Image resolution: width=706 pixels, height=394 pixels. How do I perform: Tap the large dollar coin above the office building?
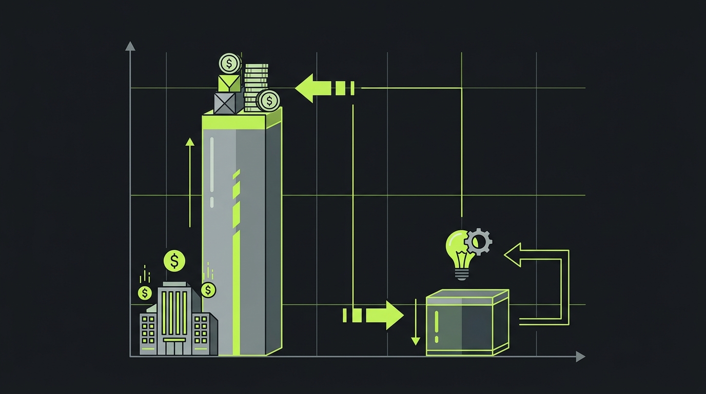(x=174, y=261)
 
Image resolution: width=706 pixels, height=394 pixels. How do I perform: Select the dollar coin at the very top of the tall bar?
(x=229, y=64)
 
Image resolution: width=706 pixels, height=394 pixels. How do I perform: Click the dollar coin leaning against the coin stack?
(x=268, y=101)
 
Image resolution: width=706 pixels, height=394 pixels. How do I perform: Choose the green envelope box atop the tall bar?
(x=229, y=83)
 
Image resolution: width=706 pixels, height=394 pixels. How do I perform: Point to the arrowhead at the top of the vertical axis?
(x=130, y=46)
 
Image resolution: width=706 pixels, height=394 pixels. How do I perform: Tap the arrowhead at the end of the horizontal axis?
(x=580, y=357)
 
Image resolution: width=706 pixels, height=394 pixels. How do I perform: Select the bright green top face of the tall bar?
(x=241, y=121)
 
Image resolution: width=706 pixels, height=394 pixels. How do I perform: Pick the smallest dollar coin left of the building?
(x=145, y=293)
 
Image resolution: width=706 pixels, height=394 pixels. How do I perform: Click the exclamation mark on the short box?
(x=437, y=327)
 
